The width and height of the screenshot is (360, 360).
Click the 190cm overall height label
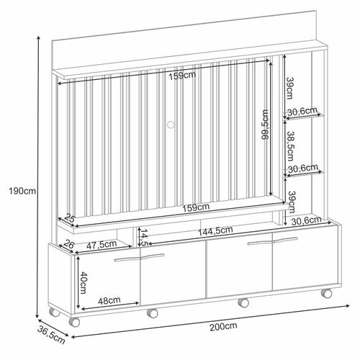click(x=22, y=192)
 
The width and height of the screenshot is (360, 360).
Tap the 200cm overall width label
click(x=223, y=327)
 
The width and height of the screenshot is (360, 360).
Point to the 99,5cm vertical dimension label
click(x=265, y=125)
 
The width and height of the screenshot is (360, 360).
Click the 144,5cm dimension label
click(x=215, y=231)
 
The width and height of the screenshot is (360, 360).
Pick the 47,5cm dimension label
click(x=102, y=245)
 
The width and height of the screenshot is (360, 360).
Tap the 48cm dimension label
click(x=109, y=300)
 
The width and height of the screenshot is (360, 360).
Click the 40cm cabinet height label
click(x=83, y=282)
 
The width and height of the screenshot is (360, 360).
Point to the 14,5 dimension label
click(x=144, y=238)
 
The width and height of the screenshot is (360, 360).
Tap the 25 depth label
click(x=70, y=218)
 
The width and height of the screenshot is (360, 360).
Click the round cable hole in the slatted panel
click(x=171, y=125)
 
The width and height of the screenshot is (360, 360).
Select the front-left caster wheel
click(x=74, y=322)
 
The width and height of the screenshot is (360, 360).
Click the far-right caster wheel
click(x=326, y=293)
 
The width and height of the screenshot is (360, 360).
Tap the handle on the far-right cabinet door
click(x=286, y=240)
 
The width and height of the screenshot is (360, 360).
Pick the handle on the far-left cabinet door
click(x=127, y=260)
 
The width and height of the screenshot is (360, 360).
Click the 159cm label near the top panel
click(x=182, y=76)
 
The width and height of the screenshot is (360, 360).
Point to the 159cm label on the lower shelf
click(x=196, y=207)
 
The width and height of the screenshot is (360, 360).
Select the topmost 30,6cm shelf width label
click(x=302, y=112)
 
